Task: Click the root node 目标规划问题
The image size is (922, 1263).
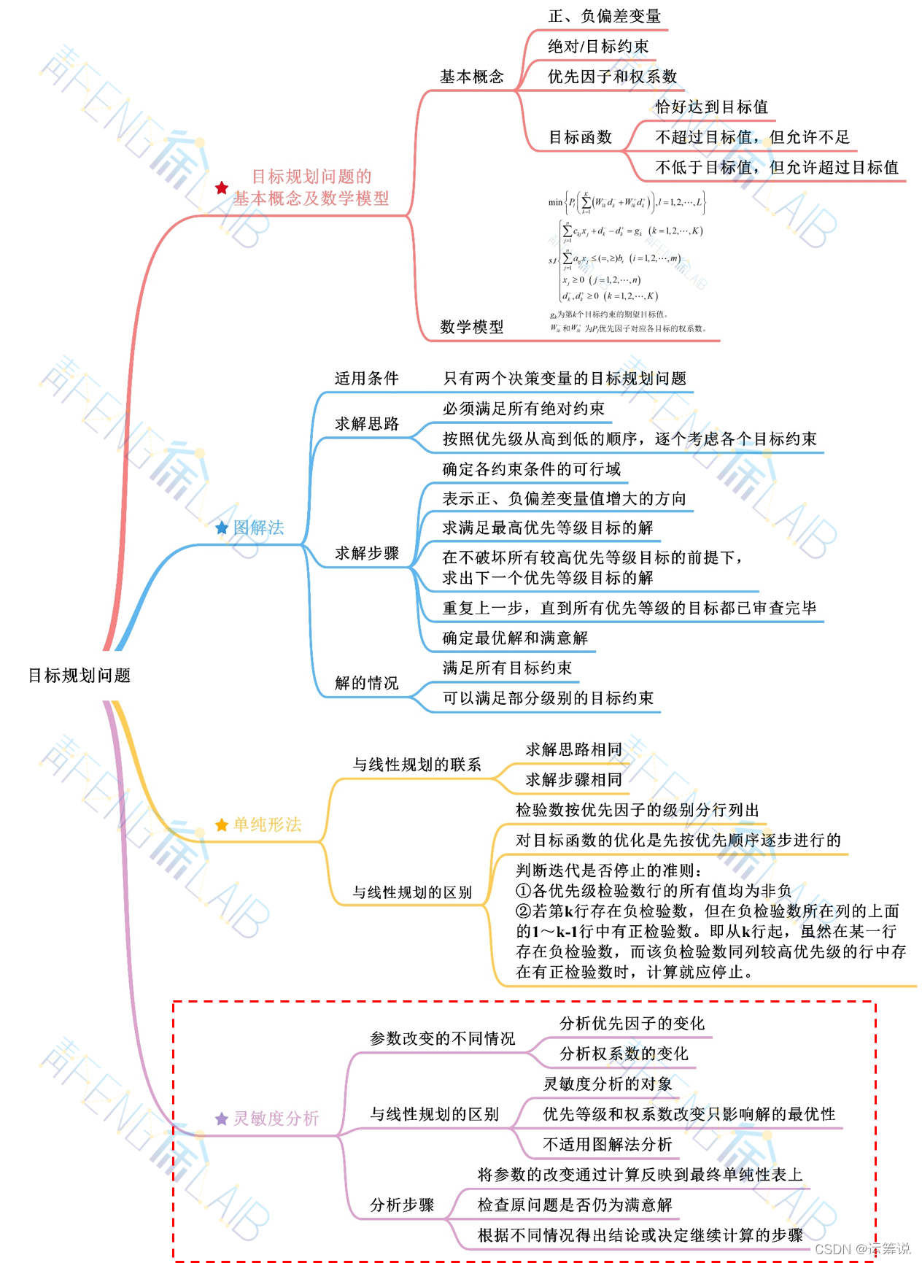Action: (x=79, y=676)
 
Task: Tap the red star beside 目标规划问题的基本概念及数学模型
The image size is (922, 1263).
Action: (x=222, y=188)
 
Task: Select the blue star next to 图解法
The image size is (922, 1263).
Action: (x=222, y=528)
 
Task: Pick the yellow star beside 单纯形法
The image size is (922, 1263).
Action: (x=222, y=824)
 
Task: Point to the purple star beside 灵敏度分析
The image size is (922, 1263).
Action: (x=222, y=1119)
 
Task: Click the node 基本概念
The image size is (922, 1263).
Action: (x=471, y=77)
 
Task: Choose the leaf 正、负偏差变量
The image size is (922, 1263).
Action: (x=604, y=16)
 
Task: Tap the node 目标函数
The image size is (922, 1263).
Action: (x=580, y=137)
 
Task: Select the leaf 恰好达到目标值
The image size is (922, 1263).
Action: (x=711, y=107)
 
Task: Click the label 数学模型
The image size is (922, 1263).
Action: (x=471, y=327)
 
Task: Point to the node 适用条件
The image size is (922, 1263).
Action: (x=366, y=378)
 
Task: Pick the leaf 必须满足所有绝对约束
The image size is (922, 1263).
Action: (x=523, y=409)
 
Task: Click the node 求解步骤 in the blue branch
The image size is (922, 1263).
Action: (x=366, y=553)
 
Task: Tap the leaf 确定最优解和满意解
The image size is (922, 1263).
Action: (x=515, y=638)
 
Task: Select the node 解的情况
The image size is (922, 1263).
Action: (x=366, y=683)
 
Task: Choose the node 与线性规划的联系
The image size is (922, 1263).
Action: (x=417, y=765)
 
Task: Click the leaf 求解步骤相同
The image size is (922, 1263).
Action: (x=573, y=779)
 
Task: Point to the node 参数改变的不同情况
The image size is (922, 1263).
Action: (x=442, y=1038)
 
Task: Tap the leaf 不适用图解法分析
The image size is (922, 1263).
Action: (x=607, y=1144)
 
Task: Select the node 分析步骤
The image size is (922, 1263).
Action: (x=402, y=1205)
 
